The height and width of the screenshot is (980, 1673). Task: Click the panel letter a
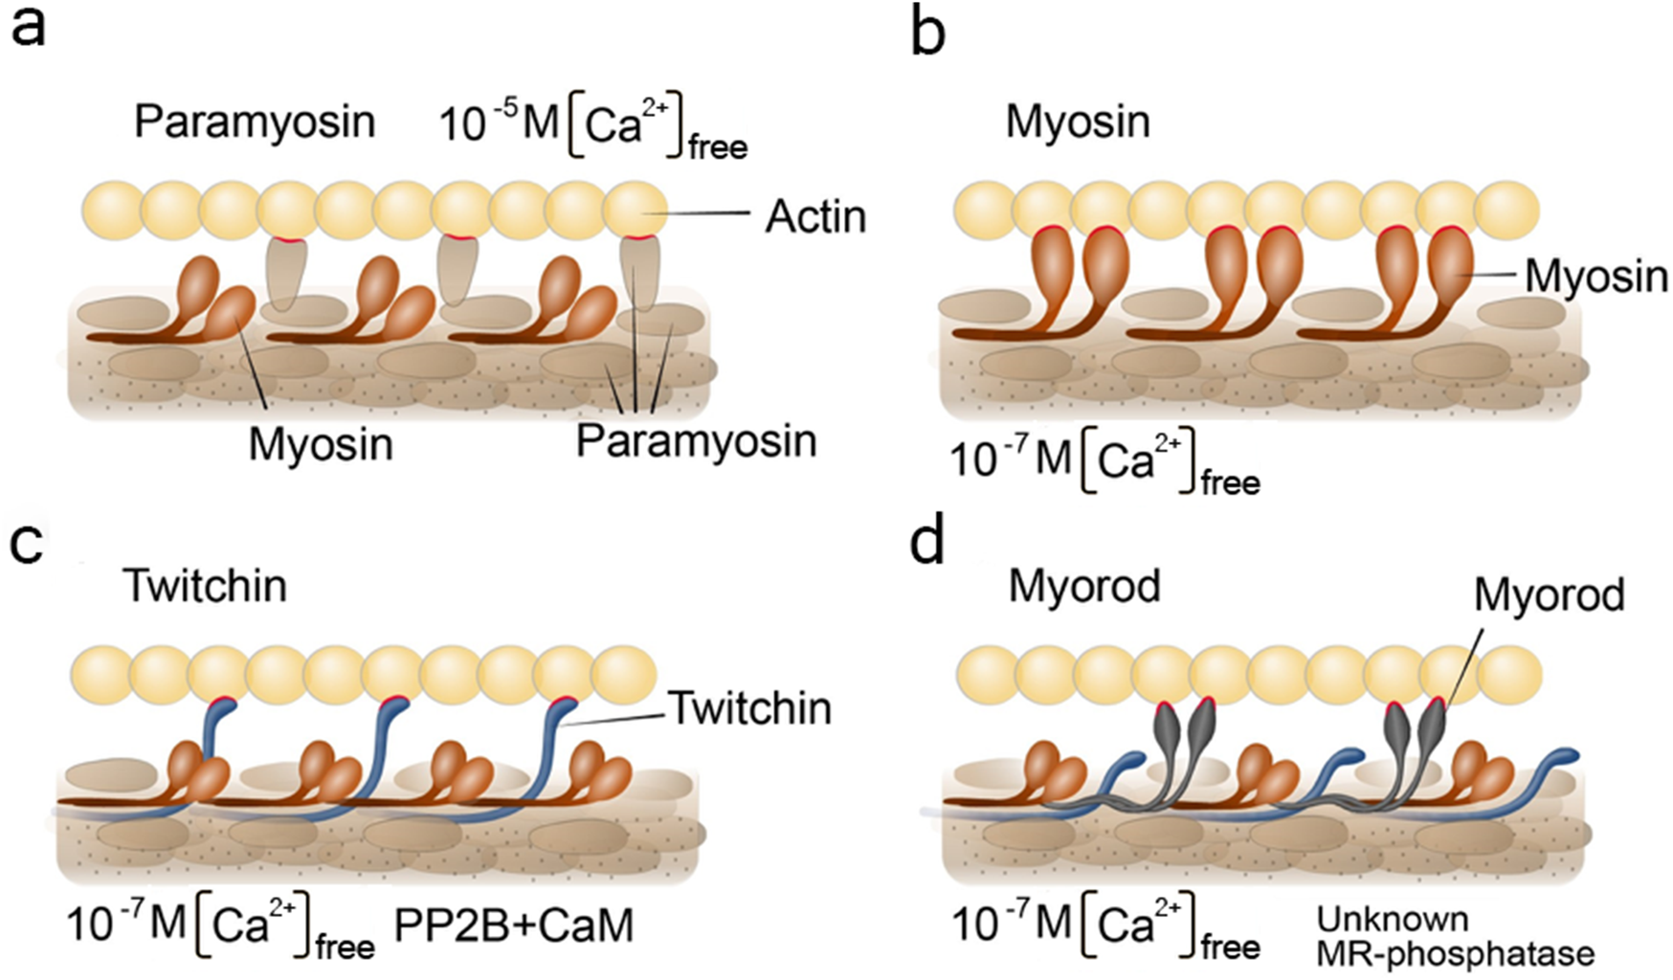[x=28, y=28]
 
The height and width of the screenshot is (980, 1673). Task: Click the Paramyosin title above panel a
[x=254, y=122]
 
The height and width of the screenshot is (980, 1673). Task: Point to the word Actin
[x=815, y=217]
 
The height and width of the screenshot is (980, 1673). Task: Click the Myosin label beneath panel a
[x=321, y=445]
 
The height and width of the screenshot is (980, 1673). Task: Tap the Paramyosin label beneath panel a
[x=696, y=442]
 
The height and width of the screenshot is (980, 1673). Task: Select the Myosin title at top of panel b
[x=1078, y=122]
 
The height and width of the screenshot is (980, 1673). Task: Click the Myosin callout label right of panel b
[x=1595, y=277]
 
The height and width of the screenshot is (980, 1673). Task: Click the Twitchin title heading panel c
[x=205, y=586]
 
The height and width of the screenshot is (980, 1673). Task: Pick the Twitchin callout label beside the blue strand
[x=749, y=709]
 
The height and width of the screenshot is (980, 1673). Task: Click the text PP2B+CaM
[x=514, y=925]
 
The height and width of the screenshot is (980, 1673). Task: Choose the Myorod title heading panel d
[x=1084, y=586]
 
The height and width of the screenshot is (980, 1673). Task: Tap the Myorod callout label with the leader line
[x=1549, y=595]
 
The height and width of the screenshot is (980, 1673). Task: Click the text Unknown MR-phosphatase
[x=1455, y=936]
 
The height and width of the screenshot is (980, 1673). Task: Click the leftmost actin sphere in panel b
[x=984, y=209]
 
